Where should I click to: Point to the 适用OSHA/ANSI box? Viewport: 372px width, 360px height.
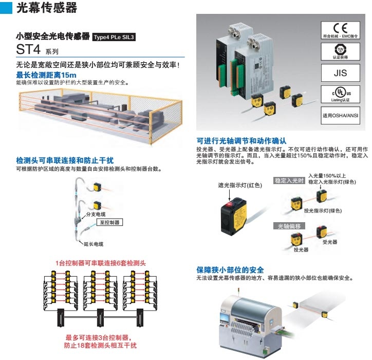pyautogui.click(x=340, y=115)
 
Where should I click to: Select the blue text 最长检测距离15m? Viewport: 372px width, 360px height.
pyautogui.click(x=46, y=75)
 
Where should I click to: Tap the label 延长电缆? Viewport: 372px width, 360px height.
pyautogui.click(x=93, y=244)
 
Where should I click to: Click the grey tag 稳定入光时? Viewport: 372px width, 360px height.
pyautogui.click(x=289, y=181)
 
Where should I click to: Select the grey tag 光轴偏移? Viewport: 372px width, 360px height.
pyautogui.click(x=289, y=226)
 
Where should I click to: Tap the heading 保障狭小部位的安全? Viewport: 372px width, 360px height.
pyautogui.click(x=230, y=269)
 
